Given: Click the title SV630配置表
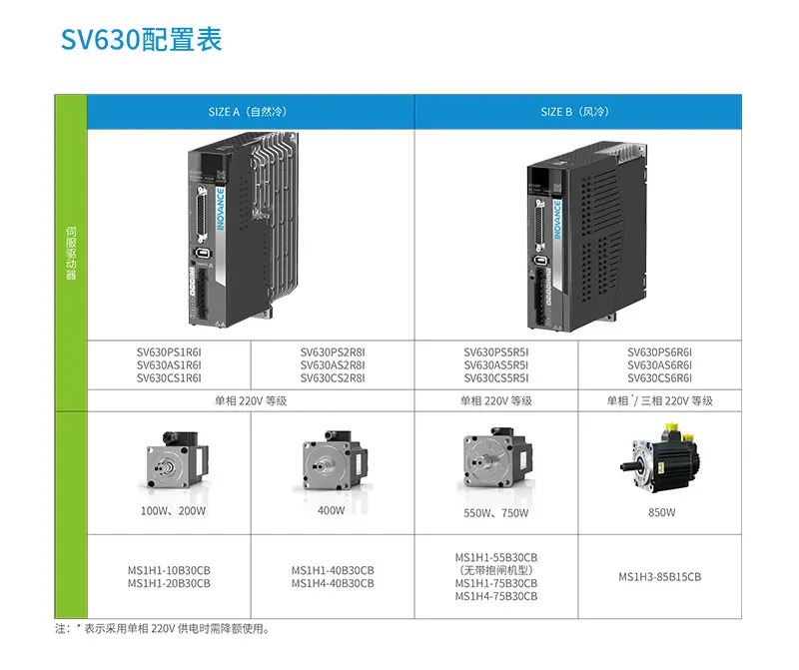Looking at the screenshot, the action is coord(141,39).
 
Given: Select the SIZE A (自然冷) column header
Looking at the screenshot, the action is coord(247,112).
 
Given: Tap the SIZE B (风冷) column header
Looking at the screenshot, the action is coord(575,112).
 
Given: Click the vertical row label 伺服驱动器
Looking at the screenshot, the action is coord(71,254).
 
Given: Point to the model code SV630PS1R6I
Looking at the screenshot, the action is coord(169,352).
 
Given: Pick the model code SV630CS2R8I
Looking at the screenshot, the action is coord(333,378).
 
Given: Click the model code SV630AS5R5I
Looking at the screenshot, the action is coord(495,365).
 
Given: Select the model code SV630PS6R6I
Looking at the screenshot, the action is coord(659,352).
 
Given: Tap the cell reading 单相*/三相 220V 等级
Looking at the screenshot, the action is coord(659,401).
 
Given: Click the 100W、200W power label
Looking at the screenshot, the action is coord(173,511).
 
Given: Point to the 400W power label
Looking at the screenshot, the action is coord(332,510).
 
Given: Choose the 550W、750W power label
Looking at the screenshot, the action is coord(495,513).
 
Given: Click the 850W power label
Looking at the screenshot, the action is coord(661,512).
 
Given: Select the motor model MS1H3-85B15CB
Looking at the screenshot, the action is coord(659,577).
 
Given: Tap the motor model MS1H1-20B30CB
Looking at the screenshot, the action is coord(169,583).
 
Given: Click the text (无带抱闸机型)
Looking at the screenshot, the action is coord(495,570).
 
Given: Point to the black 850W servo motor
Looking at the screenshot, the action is coord(659,457).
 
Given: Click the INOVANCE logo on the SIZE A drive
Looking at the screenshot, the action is coord(221,209).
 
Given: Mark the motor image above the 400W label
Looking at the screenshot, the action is coord(334,461).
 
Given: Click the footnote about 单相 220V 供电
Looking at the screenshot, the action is coord(162,629).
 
